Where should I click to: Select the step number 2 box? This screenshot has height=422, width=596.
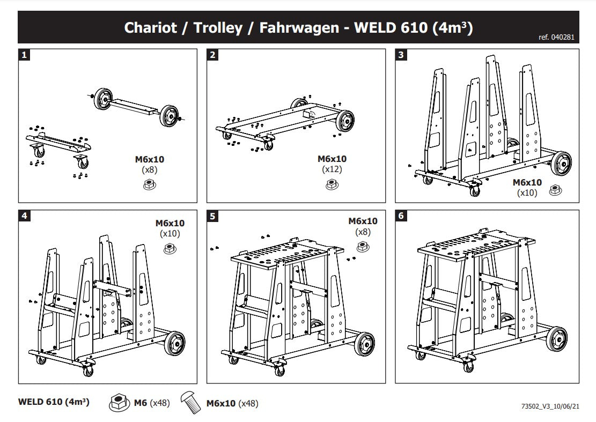tap(213, 54)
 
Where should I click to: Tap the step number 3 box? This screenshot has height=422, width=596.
tap(401, 54)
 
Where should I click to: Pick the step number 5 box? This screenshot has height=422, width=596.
tap(213, 216)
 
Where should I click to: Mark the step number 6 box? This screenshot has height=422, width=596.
tap(401, 216)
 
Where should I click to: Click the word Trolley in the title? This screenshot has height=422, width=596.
tap(218, 28)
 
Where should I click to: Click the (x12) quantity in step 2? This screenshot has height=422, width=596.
tap(332, 169)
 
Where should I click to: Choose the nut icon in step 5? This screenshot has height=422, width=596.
tap(362, 246)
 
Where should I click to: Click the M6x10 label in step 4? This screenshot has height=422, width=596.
tap(170, 223)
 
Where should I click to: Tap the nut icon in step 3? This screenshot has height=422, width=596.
tap(555, 190)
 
